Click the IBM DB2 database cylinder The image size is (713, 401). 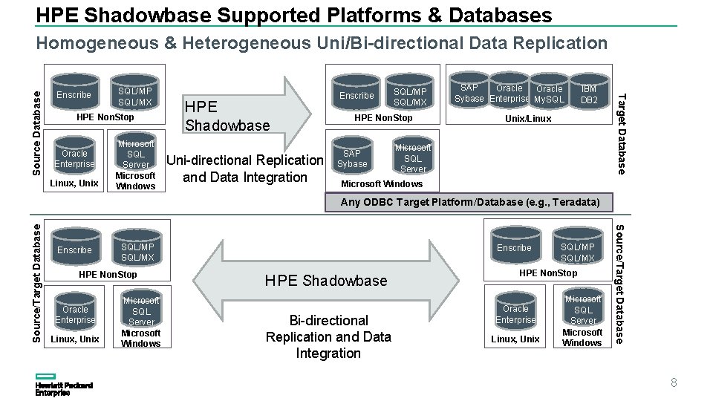pos(588,94)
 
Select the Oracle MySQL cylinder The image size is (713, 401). pos(549,94)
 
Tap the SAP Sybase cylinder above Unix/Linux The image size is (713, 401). pos(469,94)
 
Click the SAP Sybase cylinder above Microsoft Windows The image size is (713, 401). pos(352,158)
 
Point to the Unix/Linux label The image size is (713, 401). pos(528,119)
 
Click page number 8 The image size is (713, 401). pos(674,383)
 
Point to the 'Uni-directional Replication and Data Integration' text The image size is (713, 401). pos(245,169)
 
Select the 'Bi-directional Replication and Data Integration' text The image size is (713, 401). pos(328,336)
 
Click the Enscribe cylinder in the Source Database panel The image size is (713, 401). pos(74,94)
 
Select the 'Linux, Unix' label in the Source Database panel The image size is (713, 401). pos(74,183)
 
